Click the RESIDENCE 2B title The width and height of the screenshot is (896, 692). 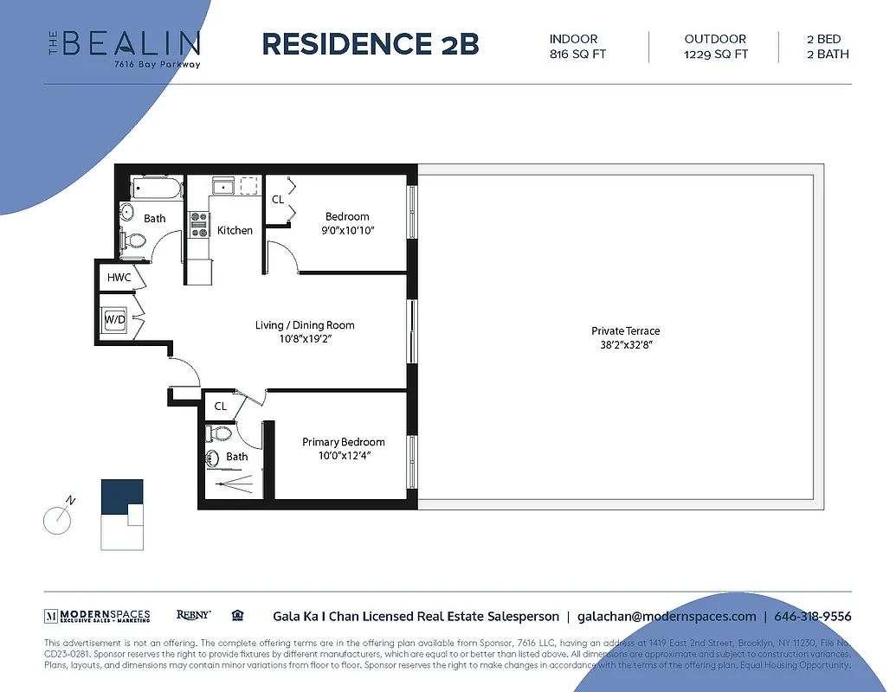(370, 43)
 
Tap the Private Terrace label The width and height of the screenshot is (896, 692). (625, 331)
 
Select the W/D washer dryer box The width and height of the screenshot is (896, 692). (114, 319)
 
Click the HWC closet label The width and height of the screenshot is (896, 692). (119, 278)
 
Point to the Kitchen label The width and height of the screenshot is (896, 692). (235, 230)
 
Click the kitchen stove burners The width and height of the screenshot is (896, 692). (200, 225)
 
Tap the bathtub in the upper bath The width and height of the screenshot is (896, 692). (156, 188)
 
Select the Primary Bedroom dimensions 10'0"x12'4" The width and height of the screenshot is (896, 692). (343, 457)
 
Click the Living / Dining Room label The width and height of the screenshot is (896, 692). (305, 325)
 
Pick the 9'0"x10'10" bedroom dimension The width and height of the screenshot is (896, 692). (347, 231)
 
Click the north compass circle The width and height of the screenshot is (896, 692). (58, 518)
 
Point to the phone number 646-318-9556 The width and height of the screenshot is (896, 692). (812, 617)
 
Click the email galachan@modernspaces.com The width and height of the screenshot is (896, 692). (667, 617)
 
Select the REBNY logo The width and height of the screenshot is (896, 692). (193, 615)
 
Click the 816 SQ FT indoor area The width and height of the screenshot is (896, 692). (573, 54)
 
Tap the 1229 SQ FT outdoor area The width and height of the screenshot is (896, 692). (716, 54)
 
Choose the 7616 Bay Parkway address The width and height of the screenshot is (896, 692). (151, 64)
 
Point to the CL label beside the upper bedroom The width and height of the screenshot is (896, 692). (278, 199)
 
